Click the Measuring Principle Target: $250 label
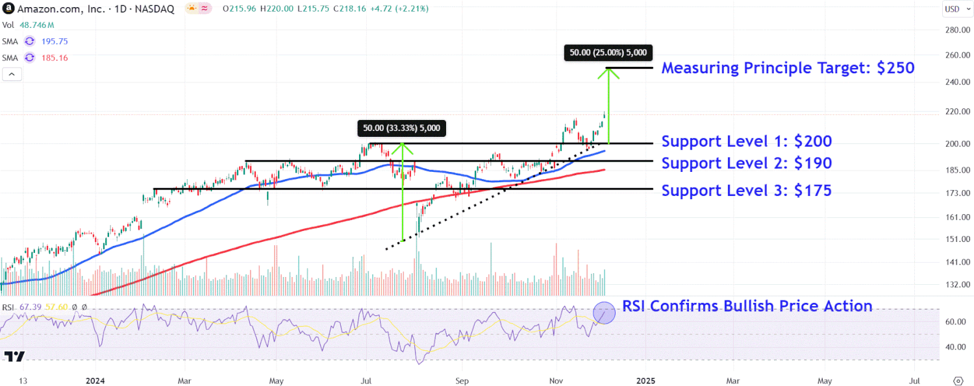pos(788,68)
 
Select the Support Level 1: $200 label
pos(746,141)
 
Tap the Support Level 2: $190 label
pos(746,163)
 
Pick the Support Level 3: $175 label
pos(746,190)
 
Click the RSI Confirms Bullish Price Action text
pos(747,306)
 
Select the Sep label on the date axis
pos(462,380)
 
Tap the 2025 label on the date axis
pos(645,380)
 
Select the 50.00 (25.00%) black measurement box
pos(608,53)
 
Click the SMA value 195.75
pos(55,41)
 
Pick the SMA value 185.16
pos(55,58)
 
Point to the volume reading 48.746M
pos(36,25)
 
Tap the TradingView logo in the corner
pos(14,356)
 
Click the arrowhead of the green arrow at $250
pos(608,72)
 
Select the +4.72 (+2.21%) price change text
pos(398,9)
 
